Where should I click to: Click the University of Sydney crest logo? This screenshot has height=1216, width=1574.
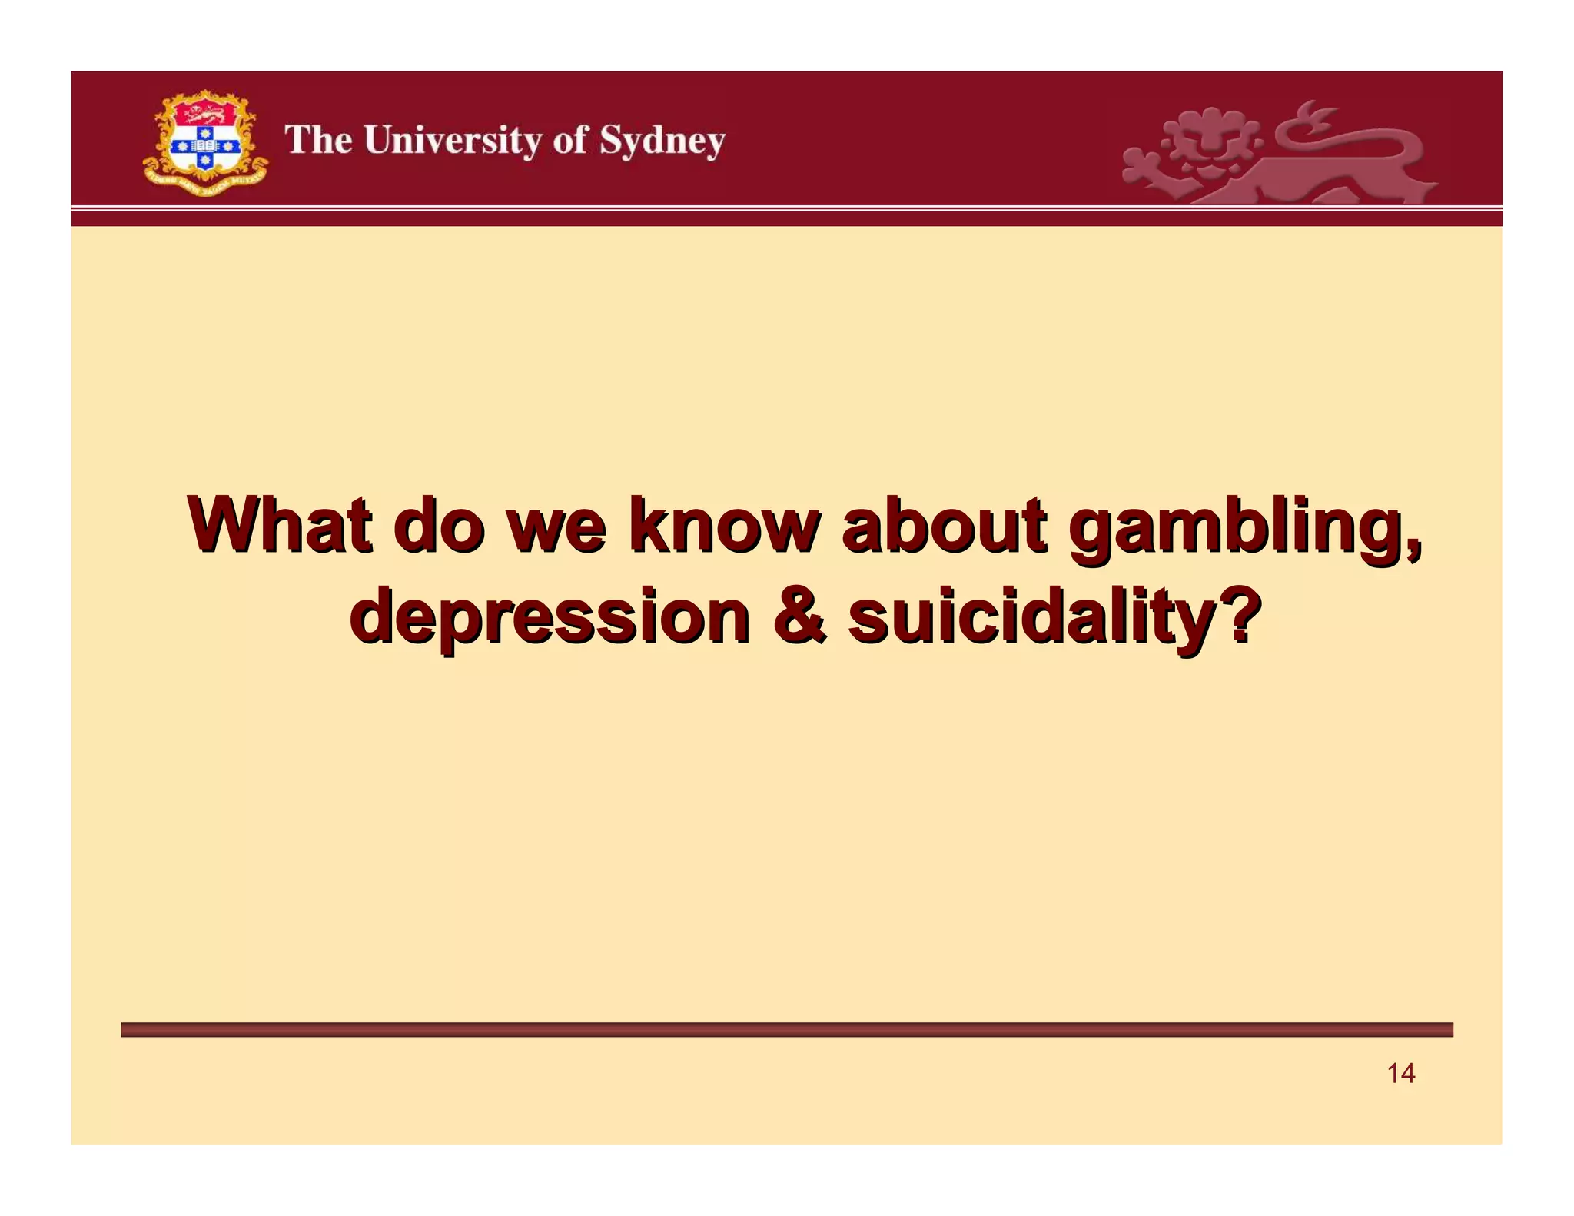[205, 142]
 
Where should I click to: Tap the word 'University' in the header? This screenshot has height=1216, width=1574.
[453, 141]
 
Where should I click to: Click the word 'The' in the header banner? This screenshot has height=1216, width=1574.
[319, 141]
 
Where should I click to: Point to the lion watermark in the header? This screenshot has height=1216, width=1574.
[1276, 154]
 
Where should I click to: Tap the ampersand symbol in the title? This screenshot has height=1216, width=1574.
[799, 616]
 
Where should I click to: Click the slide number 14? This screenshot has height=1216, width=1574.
[1400, 1073]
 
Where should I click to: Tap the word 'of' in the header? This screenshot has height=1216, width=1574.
[569, 141]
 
